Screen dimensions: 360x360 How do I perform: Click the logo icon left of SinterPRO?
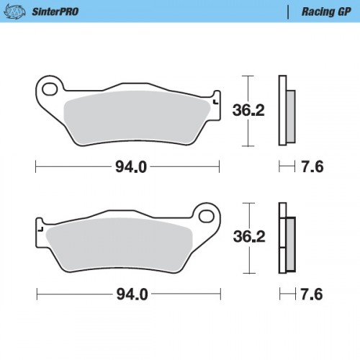click(x=19, y=12)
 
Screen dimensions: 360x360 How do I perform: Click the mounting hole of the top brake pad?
click(x=50, y=89)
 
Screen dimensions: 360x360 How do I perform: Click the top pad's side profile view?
click(x=285, y=112)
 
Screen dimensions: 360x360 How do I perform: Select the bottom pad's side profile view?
click(x=285, y=239)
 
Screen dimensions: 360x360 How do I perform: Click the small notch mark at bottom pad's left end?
click(x=40, y=231)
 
